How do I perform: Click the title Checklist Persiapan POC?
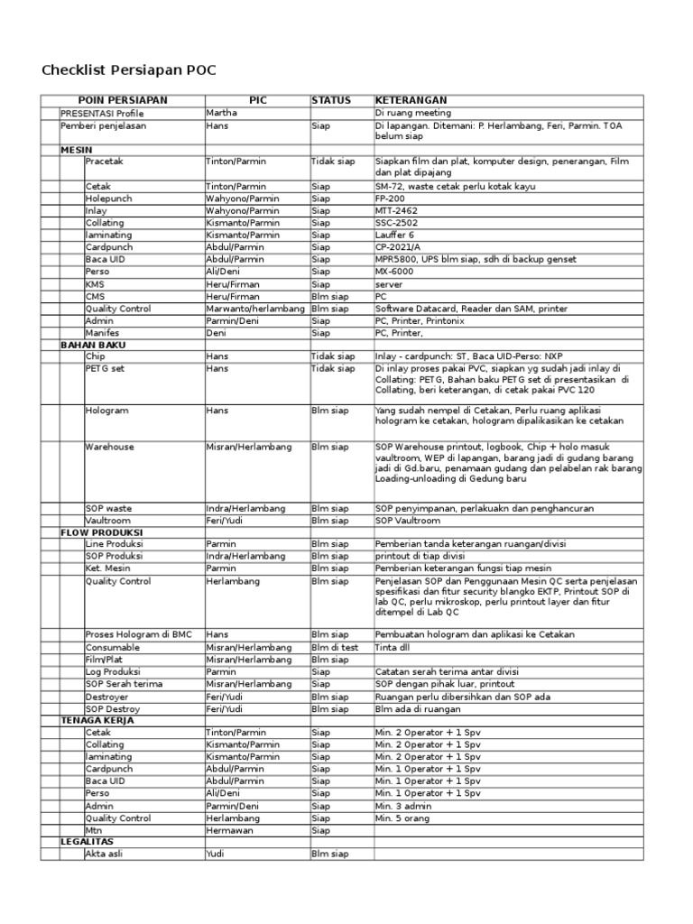click(130, 70)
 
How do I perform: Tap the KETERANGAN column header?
click(411, 100)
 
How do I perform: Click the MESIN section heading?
click(77, 149)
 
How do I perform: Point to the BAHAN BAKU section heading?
click(93, 345)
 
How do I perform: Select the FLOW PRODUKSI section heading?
click(101, 532)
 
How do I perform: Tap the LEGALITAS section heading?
click(88, 840)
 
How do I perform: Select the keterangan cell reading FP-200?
click(393, 199)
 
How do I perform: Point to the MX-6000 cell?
click(395, 272)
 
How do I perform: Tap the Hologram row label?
click(106, 411)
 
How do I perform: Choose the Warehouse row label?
click(110, 447)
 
